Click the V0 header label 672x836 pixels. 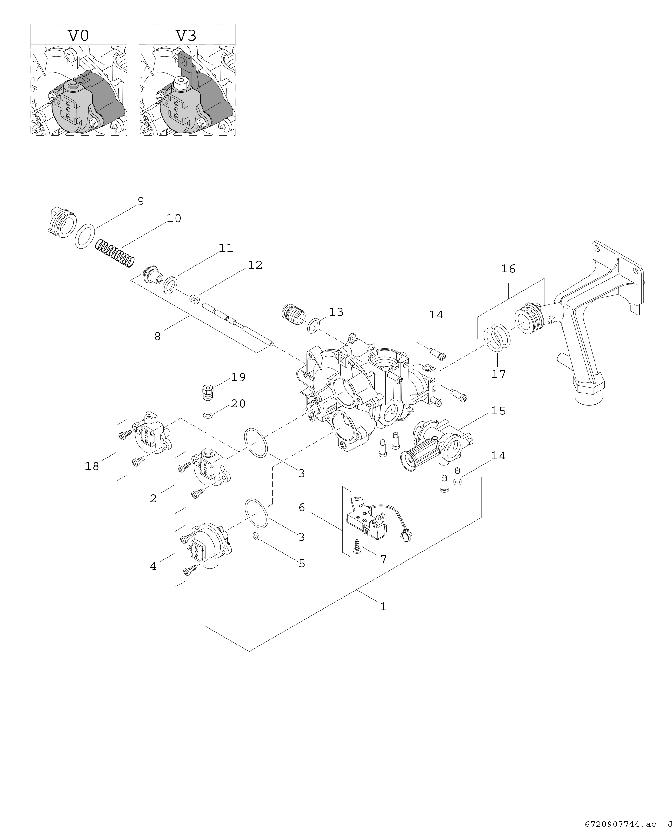79,36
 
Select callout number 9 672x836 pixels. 141,202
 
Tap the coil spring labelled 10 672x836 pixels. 115,254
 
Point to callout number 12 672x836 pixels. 255,265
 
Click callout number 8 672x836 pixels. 157,337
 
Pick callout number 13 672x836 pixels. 336,312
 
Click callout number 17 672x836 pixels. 499,374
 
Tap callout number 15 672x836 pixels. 499,411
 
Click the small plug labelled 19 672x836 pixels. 209,391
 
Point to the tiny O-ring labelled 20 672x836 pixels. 208,416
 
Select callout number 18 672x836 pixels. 92,466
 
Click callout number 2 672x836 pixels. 153,499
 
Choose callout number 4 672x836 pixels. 153,566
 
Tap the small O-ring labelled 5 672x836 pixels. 256,537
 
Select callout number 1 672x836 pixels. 383,607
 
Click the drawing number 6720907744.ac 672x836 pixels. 621,824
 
